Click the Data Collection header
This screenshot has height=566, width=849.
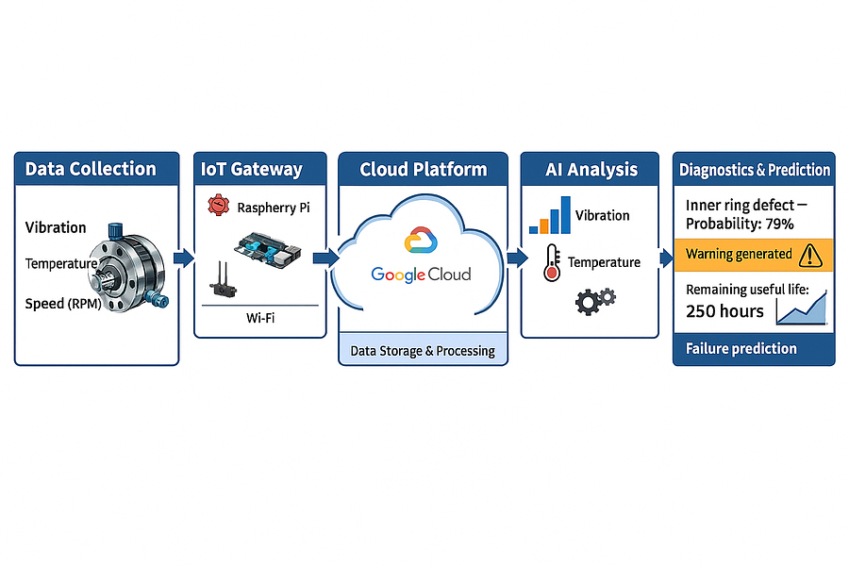tap(91, 169)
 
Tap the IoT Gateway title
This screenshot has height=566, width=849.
tap(251, 169)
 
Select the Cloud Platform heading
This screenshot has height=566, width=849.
tap(424, 170)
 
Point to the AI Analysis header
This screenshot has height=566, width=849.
tap(591, 170)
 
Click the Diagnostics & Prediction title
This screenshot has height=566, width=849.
tap(755, 170)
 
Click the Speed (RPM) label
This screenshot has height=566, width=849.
tap(63, 304)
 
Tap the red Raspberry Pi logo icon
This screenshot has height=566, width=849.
tap(218, 206)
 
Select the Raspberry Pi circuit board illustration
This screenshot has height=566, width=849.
tap(268, 250)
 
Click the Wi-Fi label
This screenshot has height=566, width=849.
tap(260, 318)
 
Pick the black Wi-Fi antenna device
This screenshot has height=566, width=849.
tap(223, 280)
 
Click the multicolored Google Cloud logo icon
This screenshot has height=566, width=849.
tap(421, 241)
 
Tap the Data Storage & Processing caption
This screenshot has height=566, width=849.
tap(423, 351)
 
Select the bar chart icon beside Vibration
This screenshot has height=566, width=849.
tap(550, 215)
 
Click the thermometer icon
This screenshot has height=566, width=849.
tap(552, 262)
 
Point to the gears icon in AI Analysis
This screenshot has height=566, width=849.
tap(595, 301)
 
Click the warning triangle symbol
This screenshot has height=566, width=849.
tap(810, 255)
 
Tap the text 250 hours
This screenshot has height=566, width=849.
tap(724, 311)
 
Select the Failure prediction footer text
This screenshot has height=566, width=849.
tap(741, 348)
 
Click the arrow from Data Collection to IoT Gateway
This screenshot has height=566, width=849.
tap(184, 258)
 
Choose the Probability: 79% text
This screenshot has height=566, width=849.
tap(740, 225)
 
